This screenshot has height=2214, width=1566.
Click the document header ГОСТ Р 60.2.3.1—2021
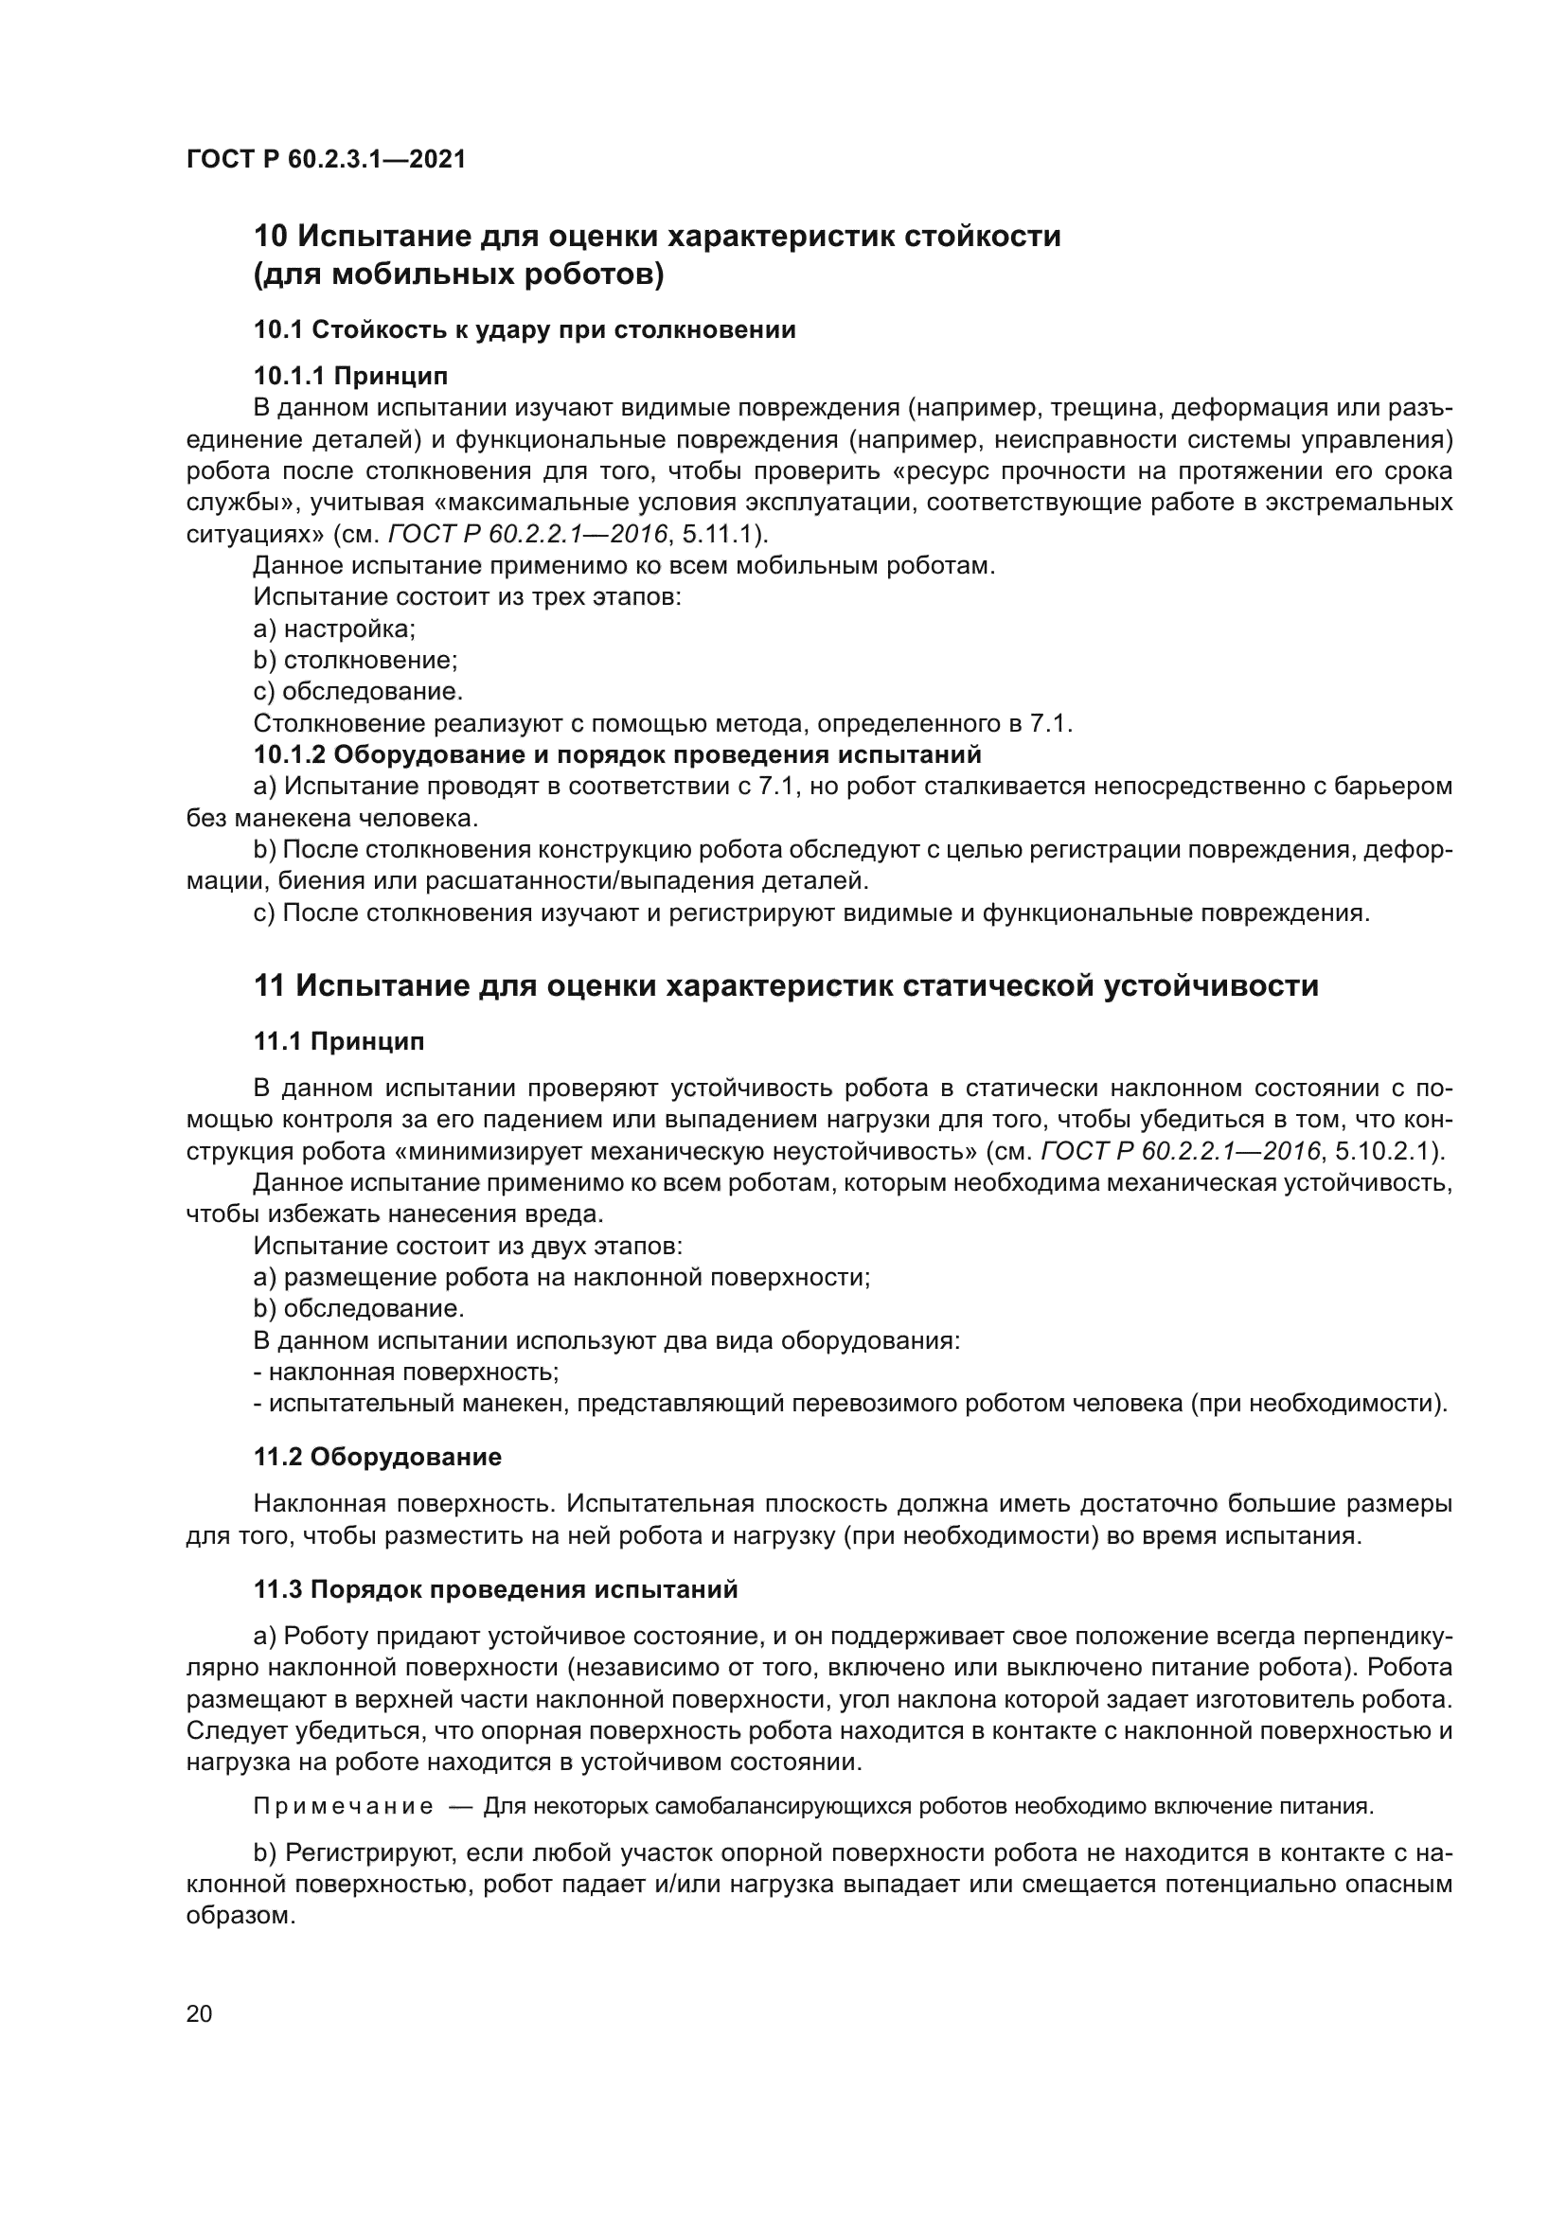click(325, 159)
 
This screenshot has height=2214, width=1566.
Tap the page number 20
click(199, 2013)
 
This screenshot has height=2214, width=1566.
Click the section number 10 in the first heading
click(270, 237)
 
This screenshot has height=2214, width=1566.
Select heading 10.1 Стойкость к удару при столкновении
click(525, 329)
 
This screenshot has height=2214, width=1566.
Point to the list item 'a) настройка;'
click(333, 629)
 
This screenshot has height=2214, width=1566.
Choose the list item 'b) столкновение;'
click(355, 661)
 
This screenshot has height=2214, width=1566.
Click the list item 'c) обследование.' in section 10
click(358, 691)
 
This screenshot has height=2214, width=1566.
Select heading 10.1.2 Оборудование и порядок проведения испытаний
click(617, 754)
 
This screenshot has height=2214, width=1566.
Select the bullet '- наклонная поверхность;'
click(406, 1372)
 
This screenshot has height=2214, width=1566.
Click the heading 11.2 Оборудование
click(377, 1457)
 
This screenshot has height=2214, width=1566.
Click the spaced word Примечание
click(343, 1806)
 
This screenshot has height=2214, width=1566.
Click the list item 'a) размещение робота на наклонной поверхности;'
click(562, 1278)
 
